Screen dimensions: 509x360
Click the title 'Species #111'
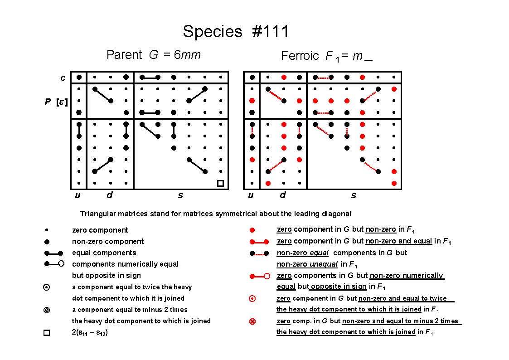tap(236, 31)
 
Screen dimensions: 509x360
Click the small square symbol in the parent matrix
tap(220, 184)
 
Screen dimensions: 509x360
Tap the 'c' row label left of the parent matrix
tap(63, 78)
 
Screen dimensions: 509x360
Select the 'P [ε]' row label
tap(56, 102)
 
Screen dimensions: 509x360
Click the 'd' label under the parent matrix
tap(110, 195)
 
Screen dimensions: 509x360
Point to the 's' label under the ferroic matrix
tap(354, 195)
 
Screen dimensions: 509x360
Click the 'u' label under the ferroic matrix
tap(251, 195)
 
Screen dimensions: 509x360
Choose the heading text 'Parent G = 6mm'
tap(154, 54)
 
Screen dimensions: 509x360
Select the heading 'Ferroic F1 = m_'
tap(326, 56)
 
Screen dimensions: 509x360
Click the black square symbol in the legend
tap(47, 333)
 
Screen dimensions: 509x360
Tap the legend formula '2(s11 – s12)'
tap(90, 332)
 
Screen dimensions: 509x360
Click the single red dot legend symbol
tap(252, 230)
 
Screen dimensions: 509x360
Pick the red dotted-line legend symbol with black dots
tap(259, 253)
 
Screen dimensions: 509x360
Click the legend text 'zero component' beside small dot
tap(100, 230)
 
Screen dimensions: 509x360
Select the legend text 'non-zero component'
tap(108, 242)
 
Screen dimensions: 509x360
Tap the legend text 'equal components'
tap(104, 253)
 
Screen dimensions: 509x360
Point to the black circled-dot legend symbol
tap(47, 287)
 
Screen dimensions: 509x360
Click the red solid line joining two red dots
tap(259, 242)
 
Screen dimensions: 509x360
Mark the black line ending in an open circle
tap(54, 263)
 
